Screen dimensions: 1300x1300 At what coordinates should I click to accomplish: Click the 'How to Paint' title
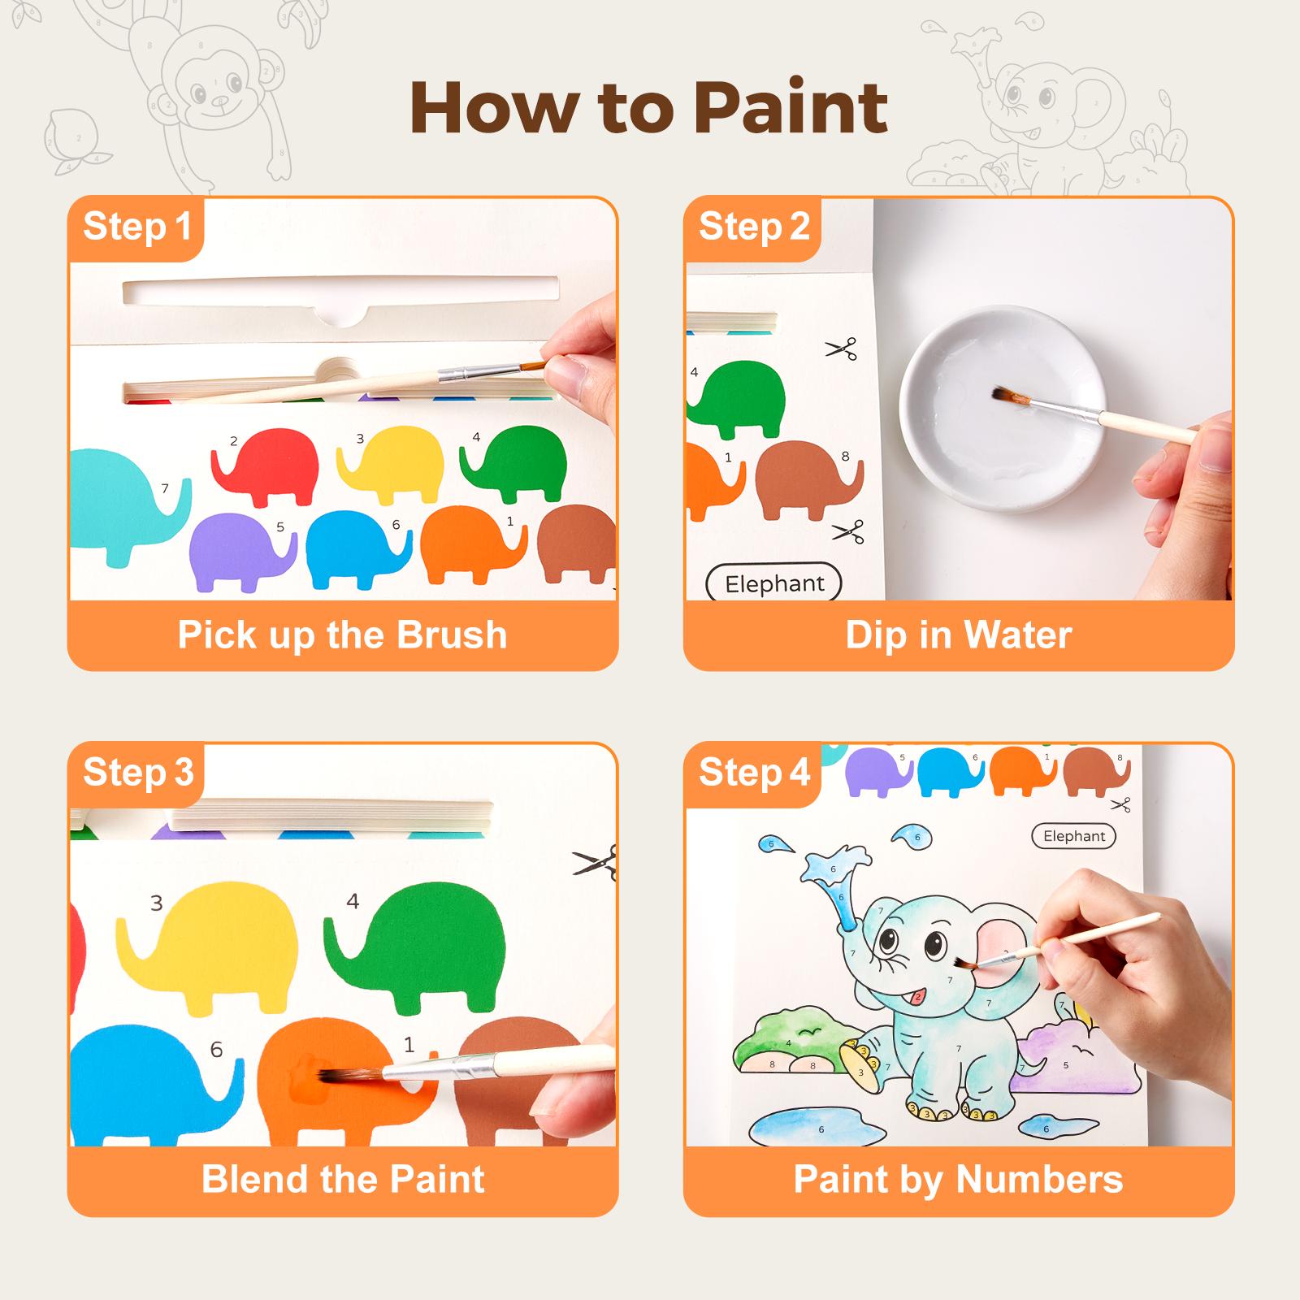pos(649,108)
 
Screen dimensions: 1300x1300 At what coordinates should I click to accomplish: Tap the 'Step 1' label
pos(136,226)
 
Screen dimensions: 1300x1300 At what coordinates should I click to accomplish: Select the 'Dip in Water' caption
pos(958,635)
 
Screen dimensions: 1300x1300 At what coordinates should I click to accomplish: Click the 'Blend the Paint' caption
pos(342,1179)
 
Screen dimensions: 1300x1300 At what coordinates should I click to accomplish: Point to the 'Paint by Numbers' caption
pos(958,1179)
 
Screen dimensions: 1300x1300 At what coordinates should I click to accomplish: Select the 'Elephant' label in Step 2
pos(773,583)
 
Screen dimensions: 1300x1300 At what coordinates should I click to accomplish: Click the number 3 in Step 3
pos(157,903)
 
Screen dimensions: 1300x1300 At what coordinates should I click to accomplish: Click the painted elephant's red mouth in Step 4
pos(918,997)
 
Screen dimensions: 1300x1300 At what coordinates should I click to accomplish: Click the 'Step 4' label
pos(753,772)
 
